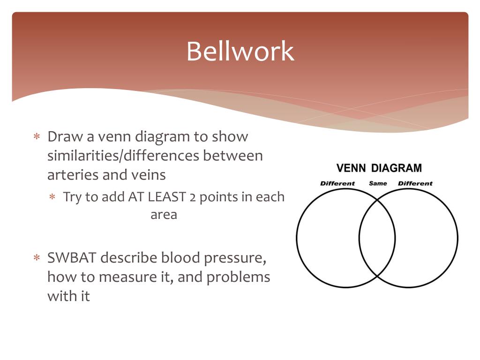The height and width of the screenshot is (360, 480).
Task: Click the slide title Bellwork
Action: click(240, 51)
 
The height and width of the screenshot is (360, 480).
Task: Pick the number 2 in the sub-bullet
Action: click(193, 197)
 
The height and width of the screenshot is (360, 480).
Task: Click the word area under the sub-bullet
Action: click(164, 215)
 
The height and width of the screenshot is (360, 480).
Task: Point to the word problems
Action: click(238, 277)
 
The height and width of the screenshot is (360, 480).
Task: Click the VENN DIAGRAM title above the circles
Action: click(379, 168)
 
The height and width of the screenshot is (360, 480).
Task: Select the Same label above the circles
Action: click(378, 183)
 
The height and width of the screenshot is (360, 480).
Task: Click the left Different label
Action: click(337, 183)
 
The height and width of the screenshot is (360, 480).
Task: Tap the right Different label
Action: click(415, 183)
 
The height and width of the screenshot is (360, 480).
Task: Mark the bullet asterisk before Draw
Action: click(37, 137)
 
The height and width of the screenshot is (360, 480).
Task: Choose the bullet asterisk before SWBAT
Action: click(37, 258)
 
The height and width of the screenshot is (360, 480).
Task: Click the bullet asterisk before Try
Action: click(53, 197)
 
